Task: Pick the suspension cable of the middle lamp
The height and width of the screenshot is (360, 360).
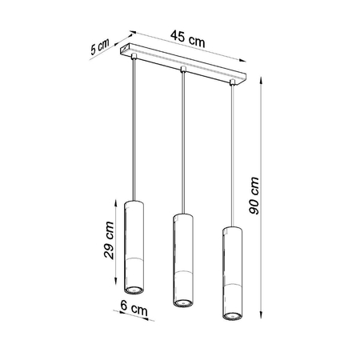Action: pyautogui.click(x=182, y=144)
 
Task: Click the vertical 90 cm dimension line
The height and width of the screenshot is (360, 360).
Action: pyautogui.click(x=263, y=200)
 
